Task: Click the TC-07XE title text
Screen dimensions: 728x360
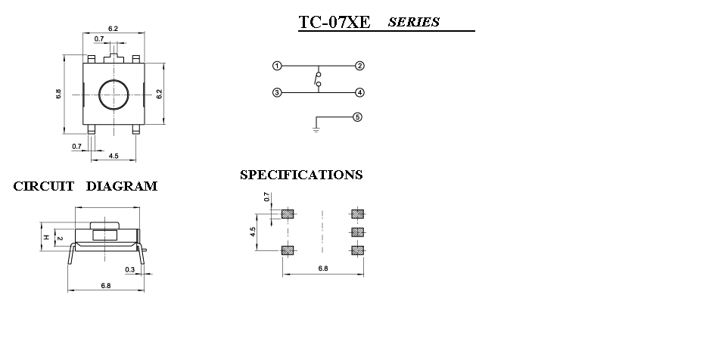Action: pyautogui.click(x=334, y=22)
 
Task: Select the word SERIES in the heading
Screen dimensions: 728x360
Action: pyautogui.click(x=414, y=22)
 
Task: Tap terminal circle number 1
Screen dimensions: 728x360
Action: pyautogui.click(x=277, y=66)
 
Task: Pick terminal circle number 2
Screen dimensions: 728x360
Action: pyautogui.click(x=359, y=66)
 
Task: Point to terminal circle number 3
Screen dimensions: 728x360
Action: pyautogui.click(x=277, y=93)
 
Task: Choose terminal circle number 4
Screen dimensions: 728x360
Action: pyautogui.click(x=359, y=93)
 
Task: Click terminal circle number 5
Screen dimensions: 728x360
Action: pyautogui.click(x=357, y=117)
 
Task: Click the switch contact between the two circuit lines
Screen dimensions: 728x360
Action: pyautogui.click(x=318, y=79)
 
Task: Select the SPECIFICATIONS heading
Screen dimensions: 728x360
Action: pyautogui.click(x=301, y=175)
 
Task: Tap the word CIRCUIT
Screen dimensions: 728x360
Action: pyautogui.click(x=44, y=186)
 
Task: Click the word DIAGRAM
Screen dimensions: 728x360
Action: pyautogui.click(x=122, y=186)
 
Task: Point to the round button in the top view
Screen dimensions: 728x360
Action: pyautogui.click(x=114, y=95)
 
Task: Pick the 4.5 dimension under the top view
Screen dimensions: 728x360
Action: pyautogui.click(x=114, y=156)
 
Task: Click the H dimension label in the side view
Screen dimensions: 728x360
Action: pyautogui.click(x=46, y=237)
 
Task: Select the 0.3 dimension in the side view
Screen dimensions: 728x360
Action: pyautogui.click(x=130, y=269)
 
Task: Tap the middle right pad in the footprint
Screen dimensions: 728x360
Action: pyautogui.click(x=357, y=232)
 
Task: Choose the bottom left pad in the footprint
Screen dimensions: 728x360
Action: pyautogui.click(x=288, y=250)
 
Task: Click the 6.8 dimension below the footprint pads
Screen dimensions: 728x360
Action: pyautogui.click(x=323, y=268)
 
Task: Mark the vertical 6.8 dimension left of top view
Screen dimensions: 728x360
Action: pyautogui.click(x=58, y=94)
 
